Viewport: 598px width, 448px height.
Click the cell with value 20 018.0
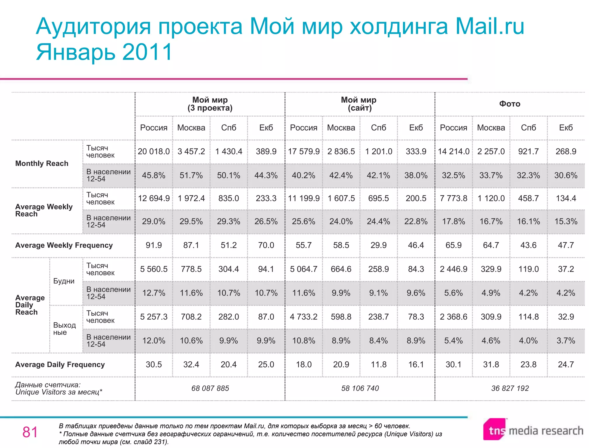tap(154, 151)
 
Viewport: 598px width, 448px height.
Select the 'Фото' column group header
tap(510, 104)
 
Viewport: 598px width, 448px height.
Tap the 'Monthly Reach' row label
tap(42, 163)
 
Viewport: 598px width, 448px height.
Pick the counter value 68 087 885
tap(210, 388)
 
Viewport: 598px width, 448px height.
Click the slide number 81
tap(30, 432)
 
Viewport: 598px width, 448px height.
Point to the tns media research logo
tap(533, 430)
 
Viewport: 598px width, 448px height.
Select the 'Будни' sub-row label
tap(64, 281)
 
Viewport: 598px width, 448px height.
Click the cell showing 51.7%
tap(191, 175)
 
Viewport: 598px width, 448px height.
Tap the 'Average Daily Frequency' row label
tap(60, 365)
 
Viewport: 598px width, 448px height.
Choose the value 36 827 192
tap(510, 388)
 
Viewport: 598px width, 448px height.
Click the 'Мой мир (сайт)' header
tap(359, 104)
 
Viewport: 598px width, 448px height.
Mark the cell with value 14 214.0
tap(453, 151)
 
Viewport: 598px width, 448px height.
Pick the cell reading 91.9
tap(154, 245)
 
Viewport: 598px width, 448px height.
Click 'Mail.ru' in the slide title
tap(490, 26)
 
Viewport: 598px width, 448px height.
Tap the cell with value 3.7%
tap(566, 340)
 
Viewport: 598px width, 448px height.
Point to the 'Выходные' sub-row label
tap(64, 329)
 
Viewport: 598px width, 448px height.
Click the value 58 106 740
tap(360, 388)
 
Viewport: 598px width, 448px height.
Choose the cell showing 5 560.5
tap(154, 269)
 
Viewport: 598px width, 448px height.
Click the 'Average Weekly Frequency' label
tap(64, 245)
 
